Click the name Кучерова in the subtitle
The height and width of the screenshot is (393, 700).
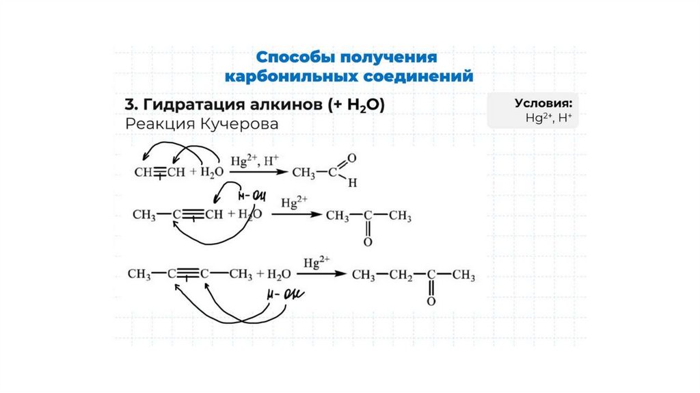241,125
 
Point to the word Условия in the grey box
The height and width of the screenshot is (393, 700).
543,103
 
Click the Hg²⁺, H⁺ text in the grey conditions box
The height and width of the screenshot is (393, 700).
549,118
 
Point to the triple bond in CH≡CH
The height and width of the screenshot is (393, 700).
159,173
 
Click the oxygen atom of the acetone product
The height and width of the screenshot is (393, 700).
368,242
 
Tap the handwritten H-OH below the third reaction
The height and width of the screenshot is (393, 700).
284,296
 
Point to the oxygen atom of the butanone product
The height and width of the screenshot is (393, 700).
431,301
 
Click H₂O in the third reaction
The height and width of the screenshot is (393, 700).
278,275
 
